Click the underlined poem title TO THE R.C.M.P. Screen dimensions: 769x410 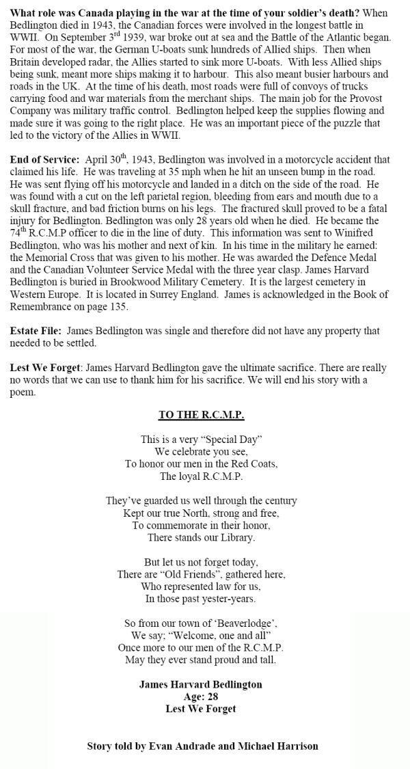201,415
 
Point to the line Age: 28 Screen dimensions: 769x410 201,697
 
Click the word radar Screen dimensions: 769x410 105,60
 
